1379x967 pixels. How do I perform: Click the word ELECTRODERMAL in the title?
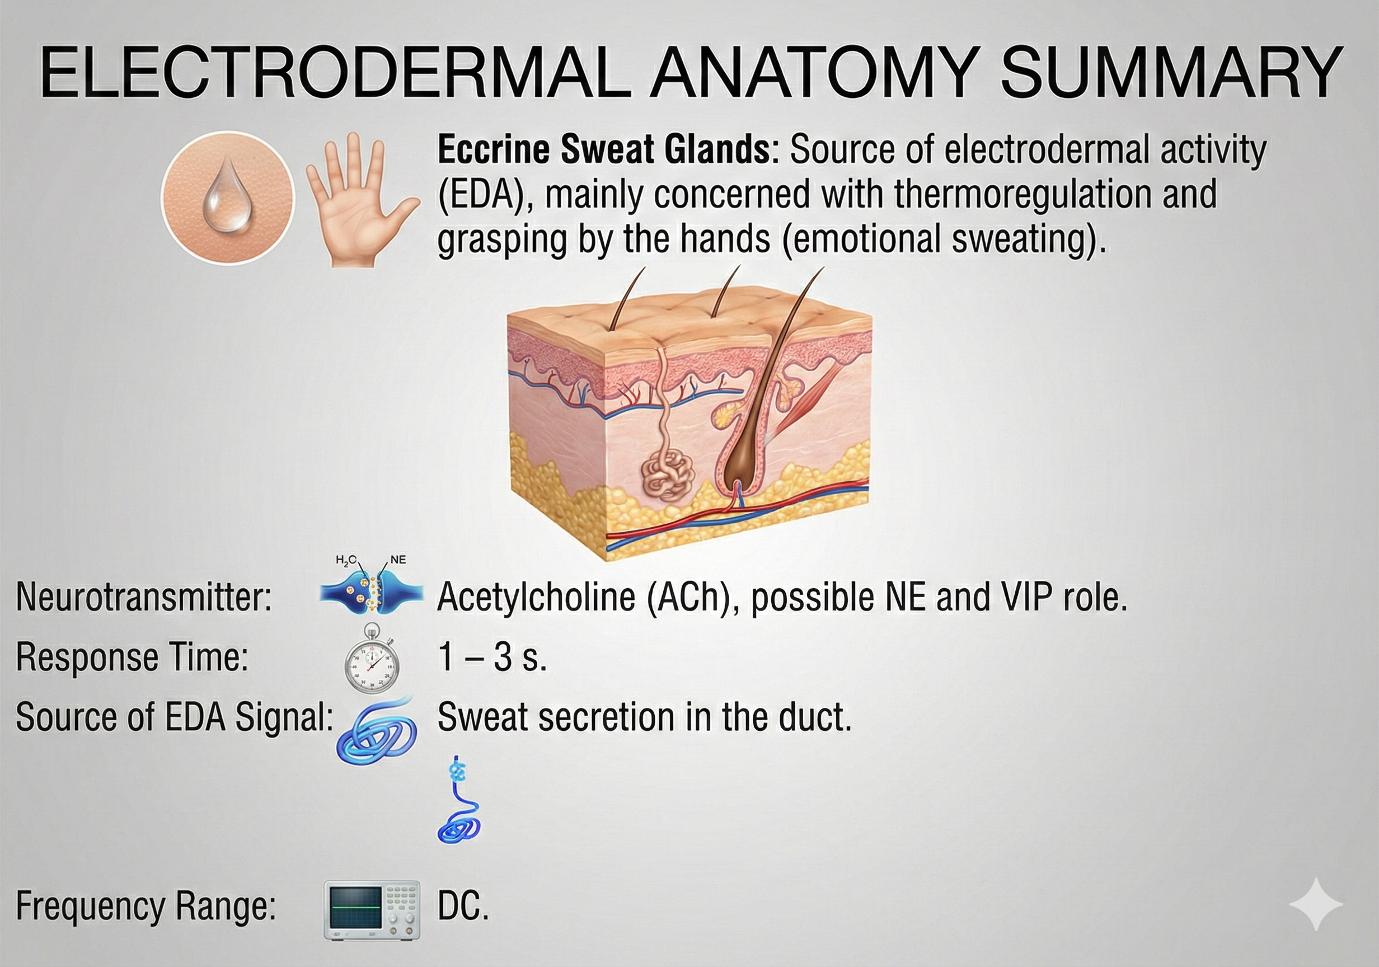click(335, 73)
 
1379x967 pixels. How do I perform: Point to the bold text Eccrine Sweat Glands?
click(604, 149)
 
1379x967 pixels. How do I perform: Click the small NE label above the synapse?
click(397, 560)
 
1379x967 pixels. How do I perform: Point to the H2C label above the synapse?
click(346, 560)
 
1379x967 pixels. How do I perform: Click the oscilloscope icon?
click(372, 909)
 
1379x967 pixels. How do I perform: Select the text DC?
click(462, 907)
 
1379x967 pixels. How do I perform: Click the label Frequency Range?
click(146, 907)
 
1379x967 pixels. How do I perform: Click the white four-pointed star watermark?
click(1315, 904)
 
